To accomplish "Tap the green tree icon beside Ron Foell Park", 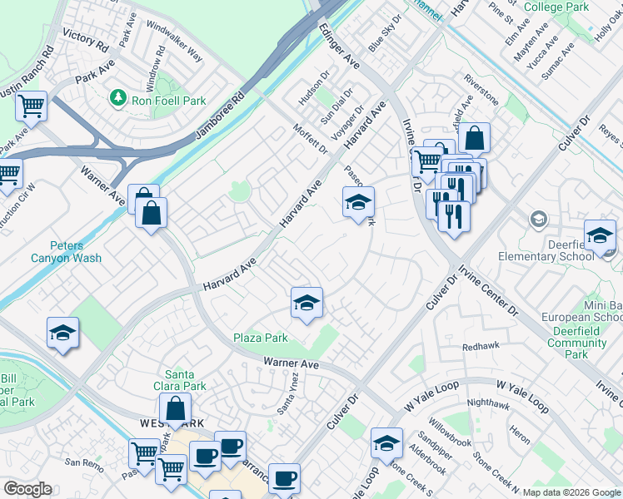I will tap(118, 101).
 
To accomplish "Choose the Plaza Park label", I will tap(260, 338).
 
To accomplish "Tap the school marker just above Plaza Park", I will tap(307, 302).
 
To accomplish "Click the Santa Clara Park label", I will tap(186, 380).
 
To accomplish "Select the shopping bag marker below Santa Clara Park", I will tap(175, 409).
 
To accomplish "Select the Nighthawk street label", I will tap(487, 403).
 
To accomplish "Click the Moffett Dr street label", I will tap(311, 137).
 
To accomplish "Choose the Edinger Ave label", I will tap(338, 46).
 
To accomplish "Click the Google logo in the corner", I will tap(27, 489).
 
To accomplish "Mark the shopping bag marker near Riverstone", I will tap(473, 137).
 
